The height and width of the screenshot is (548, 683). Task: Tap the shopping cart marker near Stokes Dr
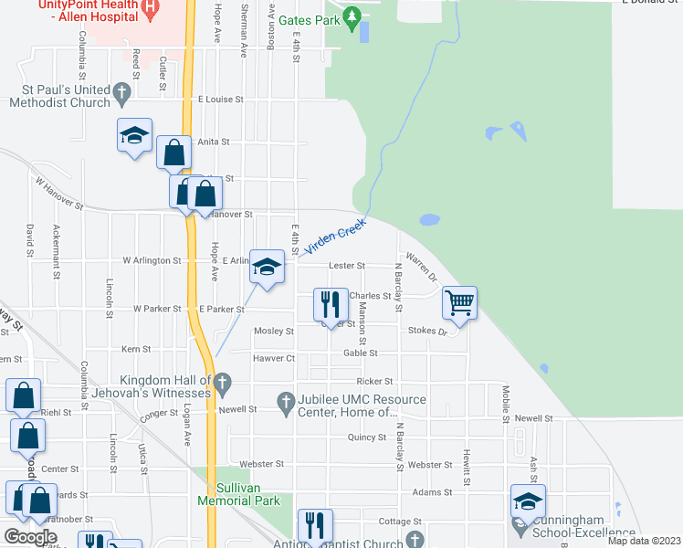(x=459, y=301)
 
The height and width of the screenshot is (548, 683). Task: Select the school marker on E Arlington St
(x=267, y=267)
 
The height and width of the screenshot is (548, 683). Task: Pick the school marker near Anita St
(x=135, y=136)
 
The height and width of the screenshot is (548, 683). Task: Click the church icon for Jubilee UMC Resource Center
(x=286, y=400)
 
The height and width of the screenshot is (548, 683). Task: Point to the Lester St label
(x=348, y=266)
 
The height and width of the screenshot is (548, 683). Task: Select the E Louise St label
(x=221, y=99)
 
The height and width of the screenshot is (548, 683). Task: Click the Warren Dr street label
(x=423, y=267)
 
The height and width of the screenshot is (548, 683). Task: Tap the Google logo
(x=30, y=536)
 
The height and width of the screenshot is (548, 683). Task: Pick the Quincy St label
(x=367, y=437)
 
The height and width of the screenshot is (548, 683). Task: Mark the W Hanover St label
(x=59, y=194)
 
